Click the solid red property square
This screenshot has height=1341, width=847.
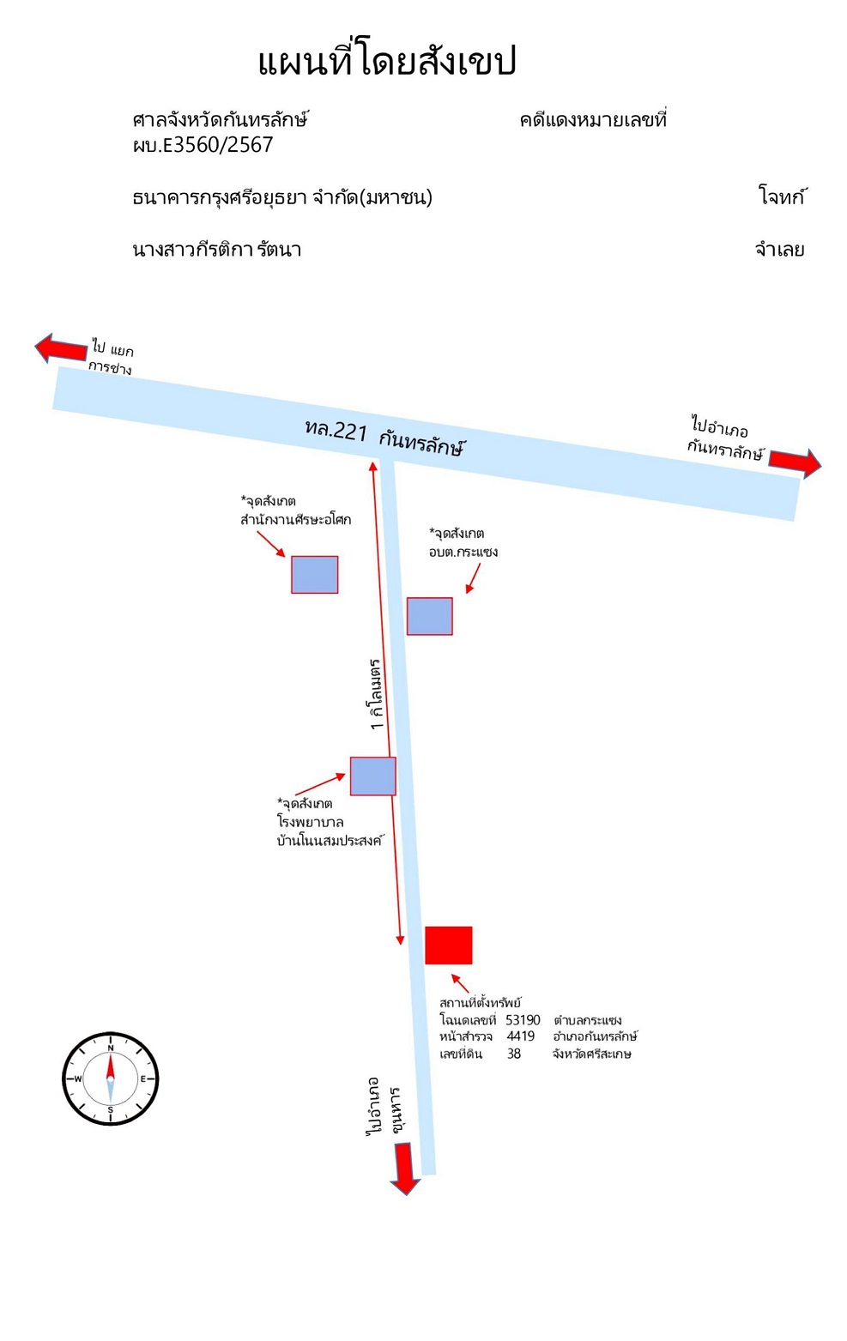pyautogui.click(x=448, y=945)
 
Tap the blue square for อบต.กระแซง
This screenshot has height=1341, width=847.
pyautogui.click(x=430, y=616)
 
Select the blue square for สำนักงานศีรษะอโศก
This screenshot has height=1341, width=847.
pyautogui.click(x=315, y=575)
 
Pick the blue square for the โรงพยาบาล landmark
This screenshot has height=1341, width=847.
pyautogui.click(x=373, y=776)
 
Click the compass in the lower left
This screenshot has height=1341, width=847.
pyautogui.click(x=110, y=1078)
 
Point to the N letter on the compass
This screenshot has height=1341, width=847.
pyautogui.click(x=110, y=1048)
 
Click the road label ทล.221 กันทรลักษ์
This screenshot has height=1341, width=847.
pyautogui.click(x=384, y=437)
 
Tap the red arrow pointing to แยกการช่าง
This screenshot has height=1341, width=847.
pyautogui.click(x=61, y=347)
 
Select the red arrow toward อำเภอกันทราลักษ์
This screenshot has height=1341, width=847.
pyautogui.click(x=796, y=462)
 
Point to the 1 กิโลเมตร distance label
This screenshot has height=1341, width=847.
pyautogui.click(x=376, y=694)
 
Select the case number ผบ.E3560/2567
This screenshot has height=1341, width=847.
pyautogui.click(x=203, y=145)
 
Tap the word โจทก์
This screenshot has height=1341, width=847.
pyautogui.click(x=782, y=196)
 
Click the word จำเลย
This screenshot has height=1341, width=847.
pyautogui.click(x=779, y=249)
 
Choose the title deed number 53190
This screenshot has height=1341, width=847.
pyautogui.click(x=523, y=1019)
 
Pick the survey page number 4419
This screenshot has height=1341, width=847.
pyautogui.click(x=521, y=1036)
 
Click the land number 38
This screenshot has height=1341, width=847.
pyautogui.click(x=514, y=1054)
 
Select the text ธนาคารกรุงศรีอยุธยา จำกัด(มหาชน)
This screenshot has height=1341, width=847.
pyautogui.click(x=282, y=197)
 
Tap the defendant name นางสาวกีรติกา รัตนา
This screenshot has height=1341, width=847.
pyautogui.click(x=217, y=249)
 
